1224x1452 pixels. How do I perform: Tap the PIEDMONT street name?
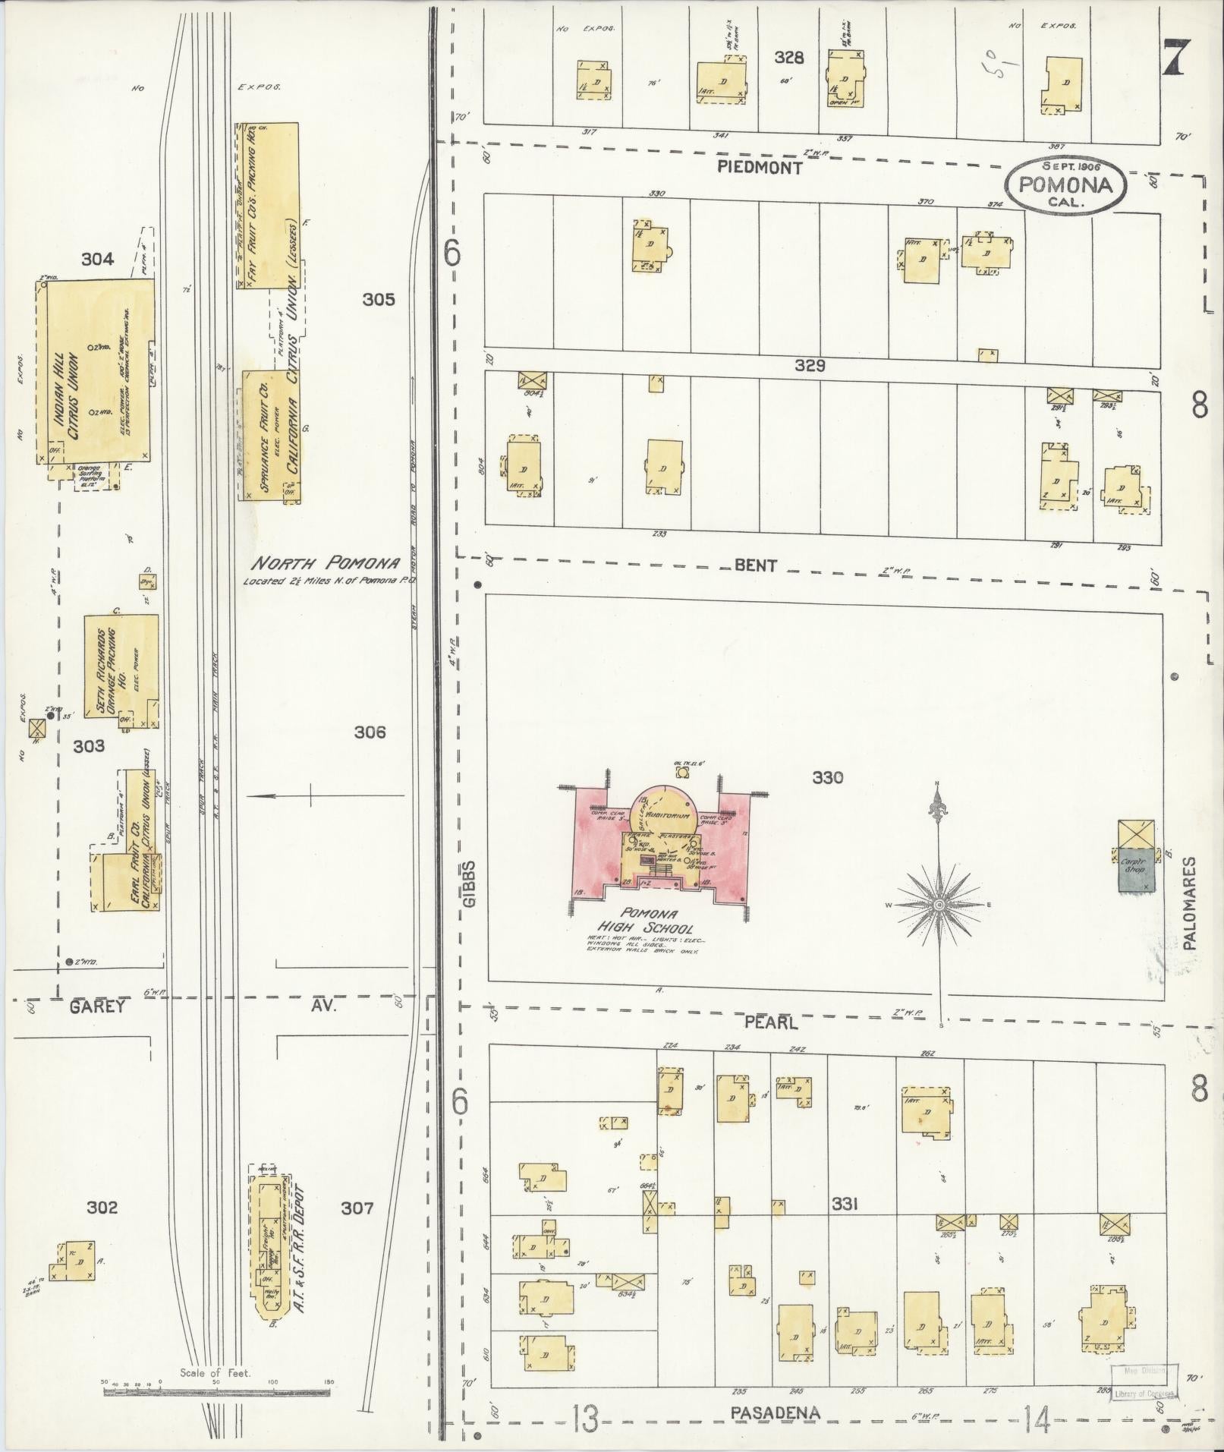click(x=760, y=169)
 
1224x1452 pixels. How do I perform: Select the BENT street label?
click(x=756, y=565)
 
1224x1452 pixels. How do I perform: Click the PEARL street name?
click(x=770, y=1023)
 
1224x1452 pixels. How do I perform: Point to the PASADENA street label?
click(x=776, y=1413)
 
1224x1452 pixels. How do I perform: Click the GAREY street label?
click(x=96, y=1006)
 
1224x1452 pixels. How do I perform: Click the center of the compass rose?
click(x=939, y=906)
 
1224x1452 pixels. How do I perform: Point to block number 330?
click(x=827, y=777)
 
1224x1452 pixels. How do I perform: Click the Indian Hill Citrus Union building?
click(x=96, y=370)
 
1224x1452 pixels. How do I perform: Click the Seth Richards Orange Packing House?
click(x=121, y=671)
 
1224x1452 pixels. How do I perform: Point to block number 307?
click(x=357, y=1207)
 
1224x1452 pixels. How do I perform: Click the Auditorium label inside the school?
click(x=668, y=815)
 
